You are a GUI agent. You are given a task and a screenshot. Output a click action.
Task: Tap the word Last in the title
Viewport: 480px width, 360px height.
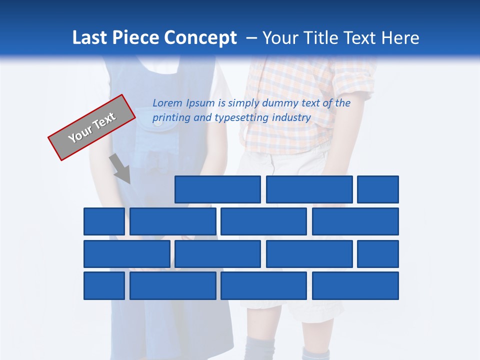pyautogui.click(x=90, y=38)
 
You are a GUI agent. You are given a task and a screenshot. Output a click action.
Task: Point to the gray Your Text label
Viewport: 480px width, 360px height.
pyautogui.click(x=92, y=127)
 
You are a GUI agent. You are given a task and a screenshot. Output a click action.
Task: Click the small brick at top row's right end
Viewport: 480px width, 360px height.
pyautogui.click(x=378, y=189)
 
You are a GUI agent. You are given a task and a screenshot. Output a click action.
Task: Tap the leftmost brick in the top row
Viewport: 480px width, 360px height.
pyautogui.click(x=217, y=189)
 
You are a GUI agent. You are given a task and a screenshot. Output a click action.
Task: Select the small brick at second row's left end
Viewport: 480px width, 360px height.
pyautogui.click(x=104, y=221)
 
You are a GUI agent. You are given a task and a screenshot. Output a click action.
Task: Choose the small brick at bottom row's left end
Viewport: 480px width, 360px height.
pyautogui.click(x=104, y=286)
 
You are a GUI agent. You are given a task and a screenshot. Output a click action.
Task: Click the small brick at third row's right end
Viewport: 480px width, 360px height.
pyautogui.click(x=378, y=254)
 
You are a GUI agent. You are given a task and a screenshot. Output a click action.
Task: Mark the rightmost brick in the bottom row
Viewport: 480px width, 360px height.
pyautogui.click(x=355, y=286)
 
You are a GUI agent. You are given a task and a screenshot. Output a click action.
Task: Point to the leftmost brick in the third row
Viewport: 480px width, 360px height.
pyautogui.click(x=126, y=254)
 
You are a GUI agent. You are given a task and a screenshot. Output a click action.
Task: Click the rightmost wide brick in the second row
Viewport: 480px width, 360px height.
pyautogui.click(x=355, y=221)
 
